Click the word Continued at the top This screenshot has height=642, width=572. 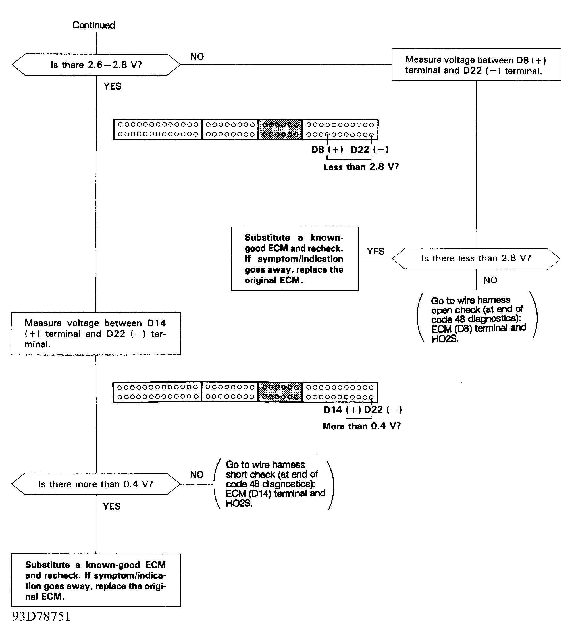tap(94, 25)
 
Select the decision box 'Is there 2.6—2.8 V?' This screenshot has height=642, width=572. tap(96, 65)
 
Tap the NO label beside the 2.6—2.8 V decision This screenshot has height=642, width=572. tap(197, 57)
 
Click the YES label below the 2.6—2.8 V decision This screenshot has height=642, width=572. tap(112, 86)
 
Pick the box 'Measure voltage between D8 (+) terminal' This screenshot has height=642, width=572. tap(476, 65)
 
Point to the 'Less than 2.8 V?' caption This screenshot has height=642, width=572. tap(361, 167)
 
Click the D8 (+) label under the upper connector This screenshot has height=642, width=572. tap(327, 150)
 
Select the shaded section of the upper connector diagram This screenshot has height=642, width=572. tap(280, 130)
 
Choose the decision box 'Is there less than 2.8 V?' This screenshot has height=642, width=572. tap(476, 258)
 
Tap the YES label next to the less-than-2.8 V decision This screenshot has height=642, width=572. tap(375, 251)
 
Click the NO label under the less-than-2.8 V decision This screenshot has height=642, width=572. tap(490, 280)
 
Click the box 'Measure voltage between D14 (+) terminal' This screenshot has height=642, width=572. tap(96, 334)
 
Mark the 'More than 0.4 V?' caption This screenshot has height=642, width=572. tap(361, 426)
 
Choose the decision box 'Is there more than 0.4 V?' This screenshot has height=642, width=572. tap(96, 484)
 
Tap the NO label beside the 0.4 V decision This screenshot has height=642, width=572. tap(197, 475)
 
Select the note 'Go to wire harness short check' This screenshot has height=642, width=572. tap(274, 484)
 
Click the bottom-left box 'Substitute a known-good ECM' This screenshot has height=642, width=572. tap(96, 580)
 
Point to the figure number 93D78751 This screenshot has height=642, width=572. tap(41, 616)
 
